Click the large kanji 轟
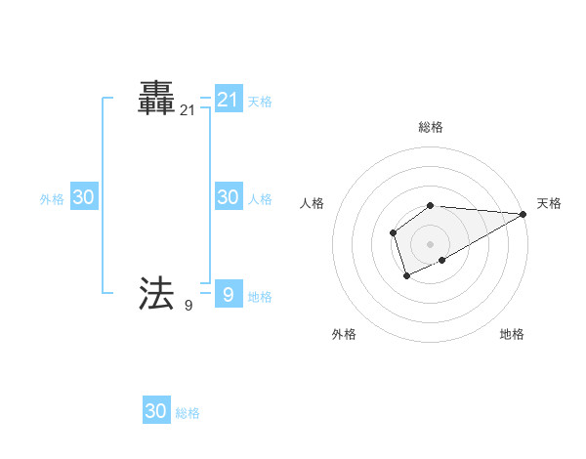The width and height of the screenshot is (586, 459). (x=157, y=99)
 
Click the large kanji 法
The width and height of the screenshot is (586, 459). (x=157, y=292)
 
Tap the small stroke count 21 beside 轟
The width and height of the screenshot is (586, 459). (x=188, y=112)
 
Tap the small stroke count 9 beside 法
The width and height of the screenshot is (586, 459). (x=188, y=306)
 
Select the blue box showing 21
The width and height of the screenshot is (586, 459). (x=228, y=100)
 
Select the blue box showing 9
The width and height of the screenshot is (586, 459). (x=228, y=293)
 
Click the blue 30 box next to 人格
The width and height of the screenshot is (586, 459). (x=228, y=196)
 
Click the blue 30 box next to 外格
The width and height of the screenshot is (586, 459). (x=83, y=197)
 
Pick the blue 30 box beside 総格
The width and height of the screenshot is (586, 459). (x=156, y=411)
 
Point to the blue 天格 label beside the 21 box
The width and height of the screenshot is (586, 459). (x=260, y=101)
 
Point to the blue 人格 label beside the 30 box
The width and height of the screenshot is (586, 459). (x=260, y=198)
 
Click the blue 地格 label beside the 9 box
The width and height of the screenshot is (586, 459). (x=260, y=296)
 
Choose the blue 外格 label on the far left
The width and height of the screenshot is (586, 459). (x=52, y=199)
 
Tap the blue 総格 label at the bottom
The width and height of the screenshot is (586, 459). (x=188, y=413)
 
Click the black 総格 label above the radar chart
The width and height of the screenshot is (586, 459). (x=431, y=127)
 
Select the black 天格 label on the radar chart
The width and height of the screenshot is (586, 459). (x=549, y=203)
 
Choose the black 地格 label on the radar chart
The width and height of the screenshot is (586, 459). (x=512, y=334)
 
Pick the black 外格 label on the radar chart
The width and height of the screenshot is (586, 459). (x=344, y=334)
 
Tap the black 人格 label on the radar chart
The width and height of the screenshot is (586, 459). (x=313, y=203)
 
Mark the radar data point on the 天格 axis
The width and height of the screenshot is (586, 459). (x=523, y=214)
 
